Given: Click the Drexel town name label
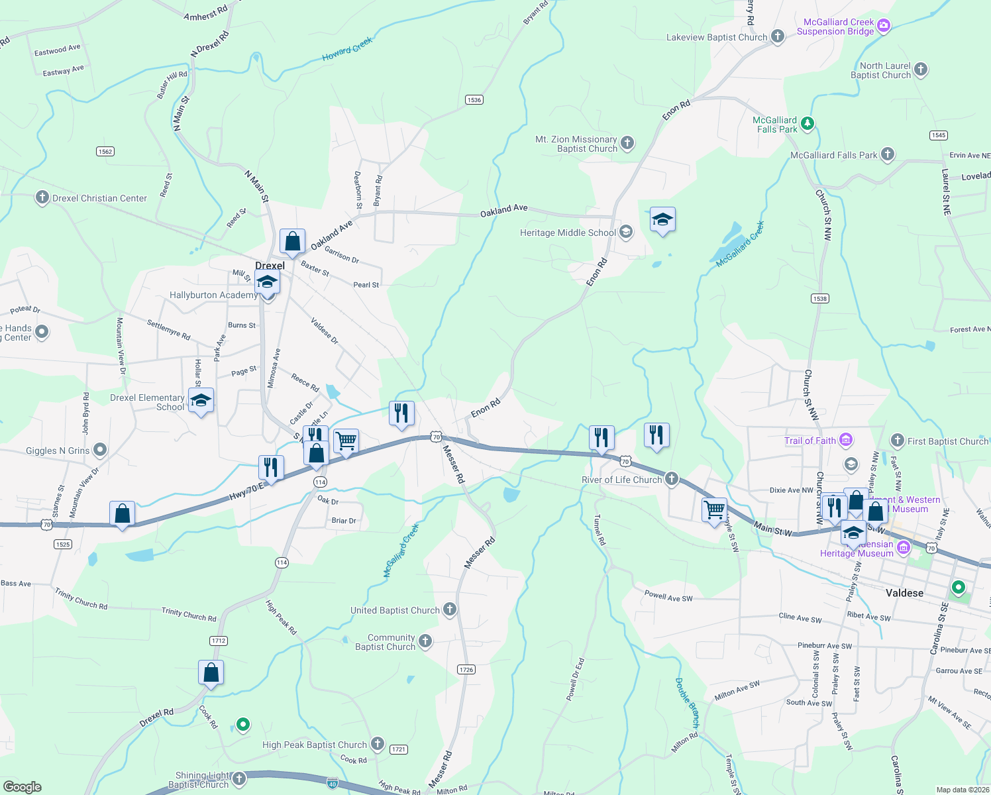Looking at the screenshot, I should [270, 266].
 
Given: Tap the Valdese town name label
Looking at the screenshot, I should [904, 593].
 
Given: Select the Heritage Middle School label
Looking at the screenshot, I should [568, 233].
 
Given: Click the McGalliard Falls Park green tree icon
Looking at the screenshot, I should [807, 123].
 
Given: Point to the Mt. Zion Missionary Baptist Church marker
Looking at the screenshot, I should [627, 142].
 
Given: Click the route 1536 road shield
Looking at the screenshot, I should [474, 100].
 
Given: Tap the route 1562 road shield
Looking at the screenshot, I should [105, 152].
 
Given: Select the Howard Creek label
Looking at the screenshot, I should [347, 50].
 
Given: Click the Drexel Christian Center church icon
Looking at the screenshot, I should [42, 197].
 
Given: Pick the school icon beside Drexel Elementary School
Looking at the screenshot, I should [201, 401].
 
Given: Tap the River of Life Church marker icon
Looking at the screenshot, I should [672, 479].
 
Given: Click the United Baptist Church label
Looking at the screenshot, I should [395, 610].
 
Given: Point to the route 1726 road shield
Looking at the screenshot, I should [466, 669].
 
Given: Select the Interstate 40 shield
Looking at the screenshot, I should [332, 782].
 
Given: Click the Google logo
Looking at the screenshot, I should [22, 787].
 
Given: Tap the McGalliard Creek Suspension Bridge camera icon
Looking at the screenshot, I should [883, 26].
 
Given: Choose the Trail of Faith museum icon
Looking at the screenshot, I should [845, 440].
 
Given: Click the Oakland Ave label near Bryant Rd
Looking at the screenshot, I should [503, 209].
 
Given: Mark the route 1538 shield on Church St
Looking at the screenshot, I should [819, 299].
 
